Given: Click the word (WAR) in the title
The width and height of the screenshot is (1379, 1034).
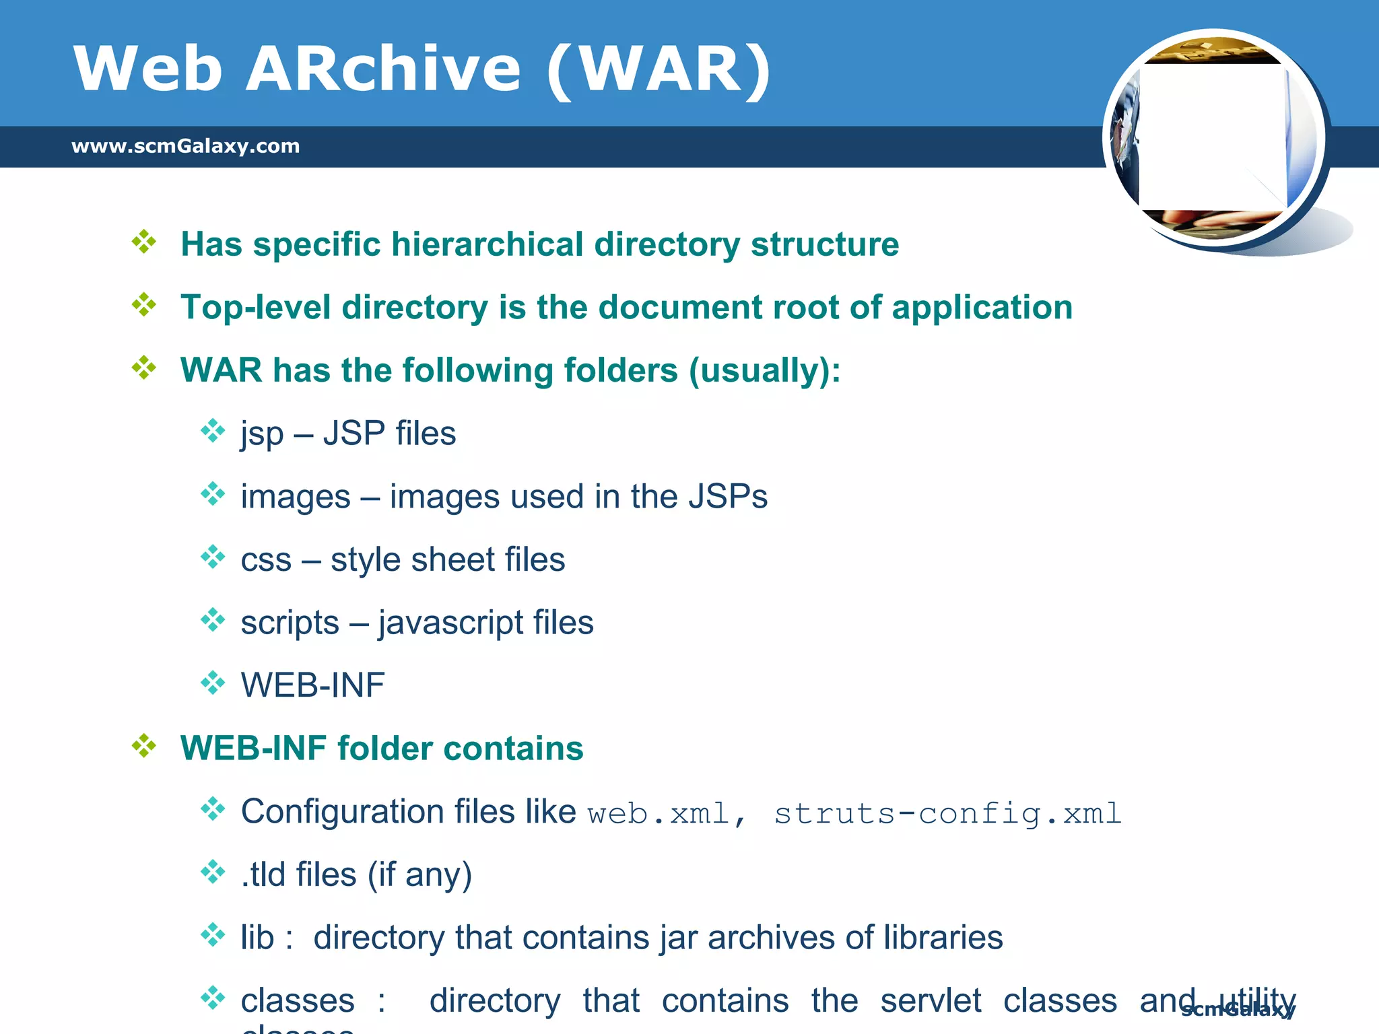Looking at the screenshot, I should pos(659,69).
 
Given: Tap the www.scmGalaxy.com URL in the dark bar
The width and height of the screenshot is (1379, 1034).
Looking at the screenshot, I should pos(185,146).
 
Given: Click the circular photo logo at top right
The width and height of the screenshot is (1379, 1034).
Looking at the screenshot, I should pos(1214,139).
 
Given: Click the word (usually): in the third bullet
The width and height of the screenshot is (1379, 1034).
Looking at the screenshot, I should pos(764,371).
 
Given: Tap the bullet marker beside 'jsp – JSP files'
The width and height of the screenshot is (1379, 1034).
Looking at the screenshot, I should pos(213,431).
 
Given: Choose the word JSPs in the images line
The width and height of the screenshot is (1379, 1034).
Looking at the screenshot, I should pos(728,497).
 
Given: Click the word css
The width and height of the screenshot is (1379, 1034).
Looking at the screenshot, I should pos(266,560).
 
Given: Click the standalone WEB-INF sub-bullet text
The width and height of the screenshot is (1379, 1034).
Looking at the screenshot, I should pos(312,685).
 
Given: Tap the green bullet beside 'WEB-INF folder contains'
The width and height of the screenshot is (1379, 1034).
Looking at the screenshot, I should pos(144,746).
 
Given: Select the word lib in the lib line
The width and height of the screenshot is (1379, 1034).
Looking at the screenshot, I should pos(257,938).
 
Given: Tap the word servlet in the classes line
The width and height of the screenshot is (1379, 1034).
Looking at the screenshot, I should pos(931,1000).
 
